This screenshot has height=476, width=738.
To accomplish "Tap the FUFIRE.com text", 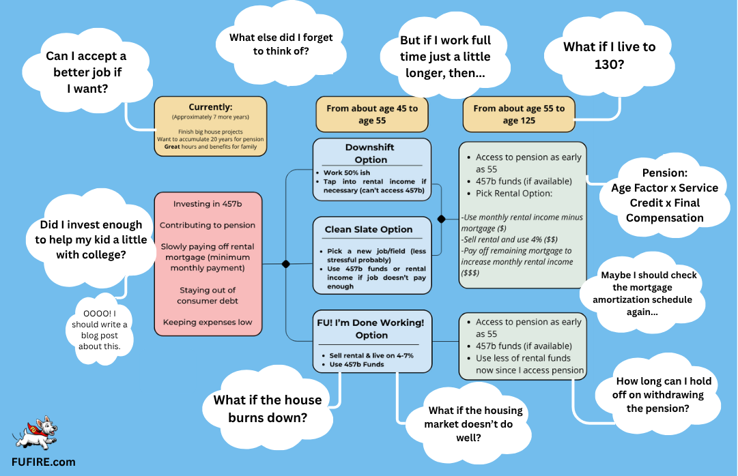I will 42,462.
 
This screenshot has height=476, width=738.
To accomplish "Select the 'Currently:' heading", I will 210,108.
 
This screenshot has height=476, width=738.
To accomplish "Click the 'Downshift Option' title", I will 371,153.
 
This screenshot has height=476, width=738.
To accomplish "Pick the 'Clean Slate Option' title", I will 369,230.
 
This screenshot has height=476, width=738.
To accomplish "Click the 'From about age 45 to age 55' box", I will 371,114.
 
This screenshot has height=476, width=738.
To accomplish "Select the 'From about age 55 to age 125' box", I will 519,114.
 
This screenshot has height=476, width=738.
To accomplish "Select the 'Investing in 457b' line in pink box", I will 208,204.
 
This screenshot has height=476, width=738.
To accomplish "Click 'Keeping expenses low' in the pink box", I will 208,322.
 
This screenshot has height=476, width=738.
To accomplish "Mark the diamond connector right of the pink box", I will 285,263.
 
